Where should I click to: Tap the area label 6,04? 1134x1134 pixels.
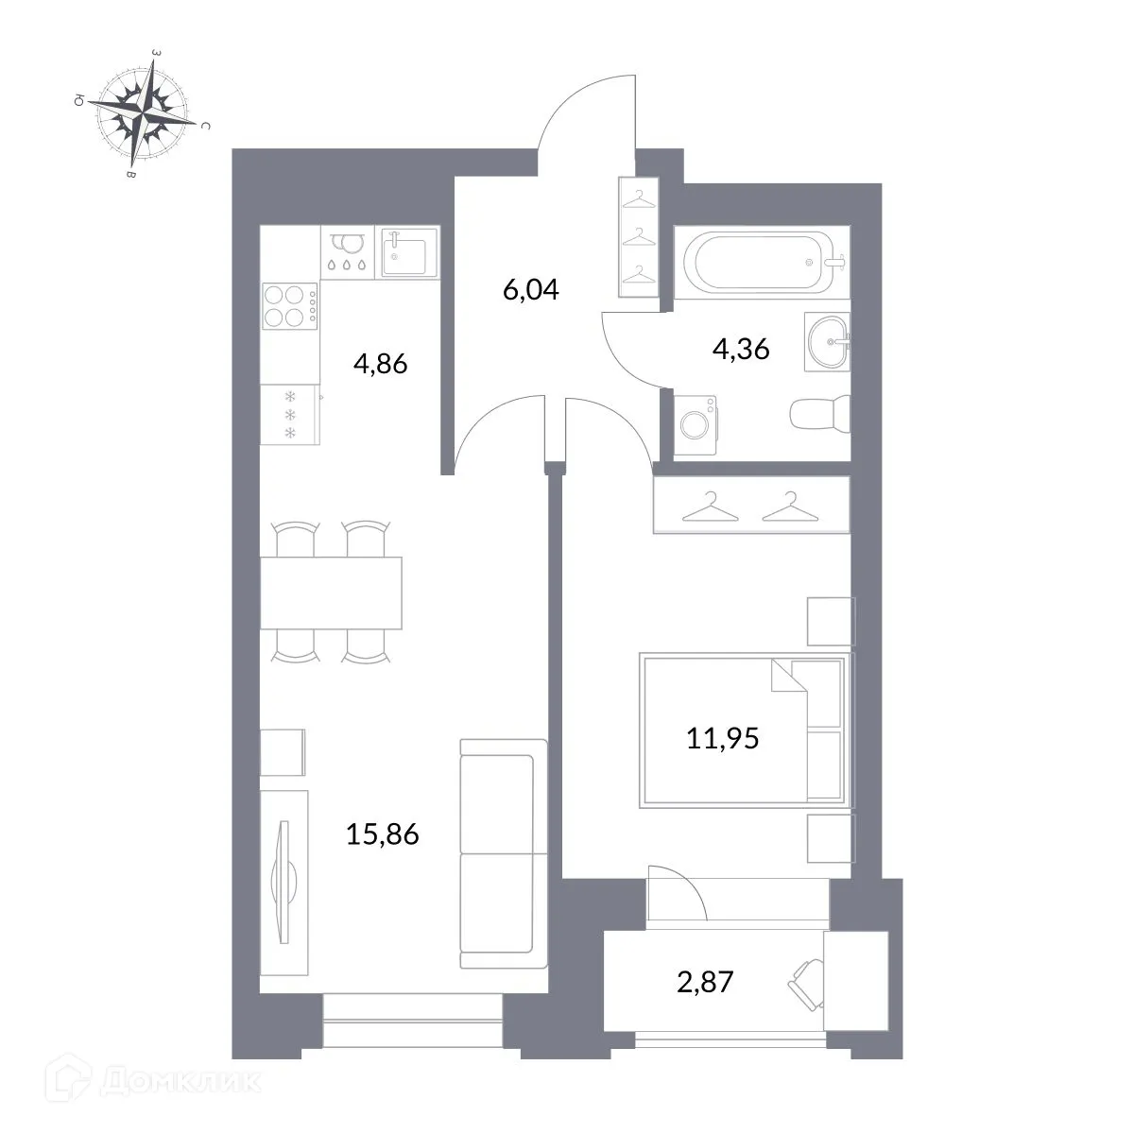531,289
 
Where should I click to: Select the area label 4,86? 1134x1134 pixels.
380,363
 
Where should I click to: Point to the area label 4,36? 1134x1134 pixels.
741,350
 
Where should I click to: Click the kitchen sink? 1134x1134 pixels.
408,252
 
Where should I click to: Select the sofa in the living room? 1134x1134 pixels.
503,853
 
